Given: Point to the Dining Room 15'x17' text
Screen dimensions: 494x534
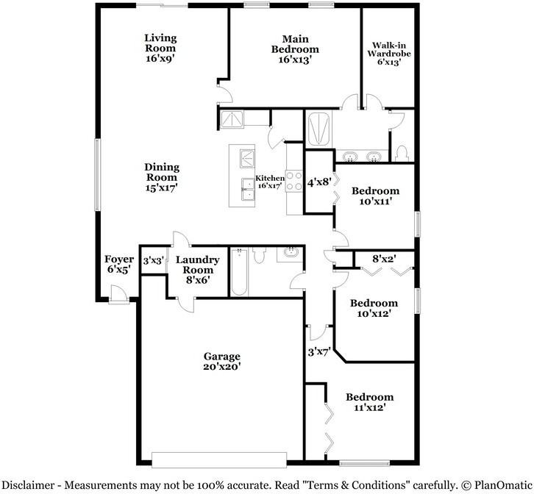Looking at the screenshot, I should [x=161, y=177].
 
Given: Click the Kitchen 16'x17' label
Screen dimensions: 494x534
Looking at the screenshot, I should [x=269, y=182].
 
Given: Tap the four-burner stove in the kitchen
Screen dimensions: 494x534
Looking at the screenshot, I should [x=294, y=181].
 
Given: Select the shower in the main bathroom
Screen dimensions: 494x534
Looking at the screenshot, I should [x=320, y=130].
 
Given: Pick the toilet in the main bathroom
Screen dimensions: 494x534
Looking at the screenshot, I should [x=401, y=152].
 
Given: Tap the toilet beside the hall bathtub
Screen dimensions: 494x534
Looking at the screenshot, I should [x=259, y=256].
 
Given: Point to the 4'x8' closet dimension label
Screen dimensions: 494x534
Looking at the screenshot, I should [x=319, y=182].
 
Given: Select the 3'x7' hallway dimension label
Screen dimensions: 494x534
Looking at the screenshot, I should [x=318, y=351].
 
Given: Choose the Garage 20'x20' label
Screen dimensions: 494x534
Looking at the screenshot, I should [x=222, y=361].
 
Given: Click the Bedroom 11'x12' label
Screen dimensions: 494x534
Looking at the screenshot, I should [x=369, y=401].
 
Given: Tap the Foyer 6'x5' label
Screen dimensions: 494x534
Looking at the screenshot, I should [x=118, y=265].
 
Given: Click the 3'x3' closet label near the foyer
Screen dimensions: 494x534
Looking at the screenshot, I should [x=152, y=260].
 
